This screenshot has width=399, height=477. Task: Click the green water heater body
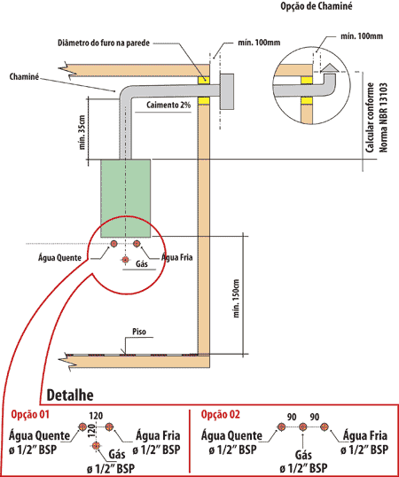125,198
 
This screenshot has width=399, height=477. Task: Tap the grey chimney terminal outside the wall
227,91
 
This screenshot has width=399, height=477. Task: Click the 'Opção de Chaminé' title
317,6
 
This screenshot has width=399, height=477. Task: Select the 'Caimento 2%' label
168,105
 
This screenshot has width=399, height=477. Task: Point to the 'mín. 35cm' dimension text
82,132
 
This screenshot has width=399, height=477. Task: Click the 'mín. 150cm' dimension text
237,299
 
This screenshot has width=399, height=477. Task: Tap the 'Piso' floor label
139,332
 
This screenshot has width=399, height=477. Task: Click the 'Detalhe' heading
70,395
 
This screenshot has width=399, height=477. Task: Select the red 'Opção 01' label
30,414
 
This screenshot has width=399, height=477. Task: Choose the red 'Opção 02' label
221,414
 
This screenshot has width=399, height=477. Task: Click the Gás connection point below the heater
125,260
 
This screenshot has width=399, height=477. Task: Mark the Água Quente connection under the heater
113,243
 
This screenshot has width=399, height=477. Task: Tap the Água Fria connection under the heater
137,243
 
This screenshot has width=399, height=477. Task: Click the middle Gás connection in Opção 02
302,426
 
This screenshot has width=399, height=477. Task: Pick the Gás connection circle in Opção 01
97,446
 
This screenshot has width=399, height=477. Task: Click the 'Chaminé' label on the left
24,76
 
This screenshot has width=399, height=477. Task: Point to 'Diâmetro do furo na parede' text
104,43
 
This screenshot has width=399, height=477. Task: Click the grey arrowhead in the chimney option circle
330,68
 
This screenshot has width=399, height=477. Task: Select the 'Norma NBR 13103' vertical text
384,117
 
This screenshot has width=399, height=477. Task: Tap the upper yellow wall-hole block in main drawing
204,80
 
